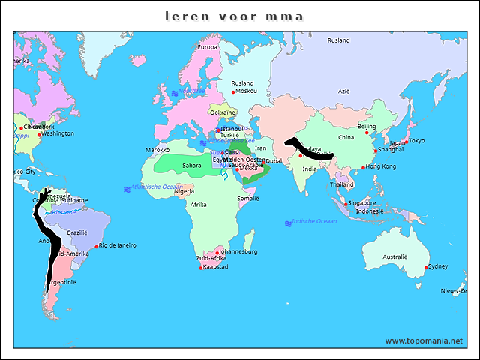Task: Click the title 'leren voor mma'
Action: pos(235,15)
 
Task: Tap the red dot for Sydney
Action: pos(426,268)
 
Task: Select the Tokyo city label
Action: pos(416,141)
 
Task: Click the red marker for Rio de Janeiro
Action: pos(97,246)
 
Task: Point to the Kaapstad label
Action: pos(216,267)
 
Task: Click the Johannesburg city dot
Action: pos(217,252)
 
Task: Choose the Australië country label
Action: pos(394,256)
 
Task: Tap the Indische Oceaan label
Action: pos(314,222)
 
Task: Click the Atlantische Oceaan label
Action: pos(157,187)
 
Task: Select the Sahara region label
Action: pos(191,166)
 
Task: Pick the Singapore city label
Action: pos(361,203)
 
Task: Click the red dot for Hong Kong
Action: pos(363,167)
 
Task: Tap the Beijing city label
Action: pos(366,127)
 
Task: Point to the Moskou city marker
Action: pos(233,92)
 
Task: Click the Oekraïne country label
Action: pos(223,112)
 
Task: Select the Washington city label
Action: pos(58,134)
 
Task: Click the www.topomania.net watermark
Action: pos(424,340)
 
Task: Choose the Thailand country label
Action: pos(341,184)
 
